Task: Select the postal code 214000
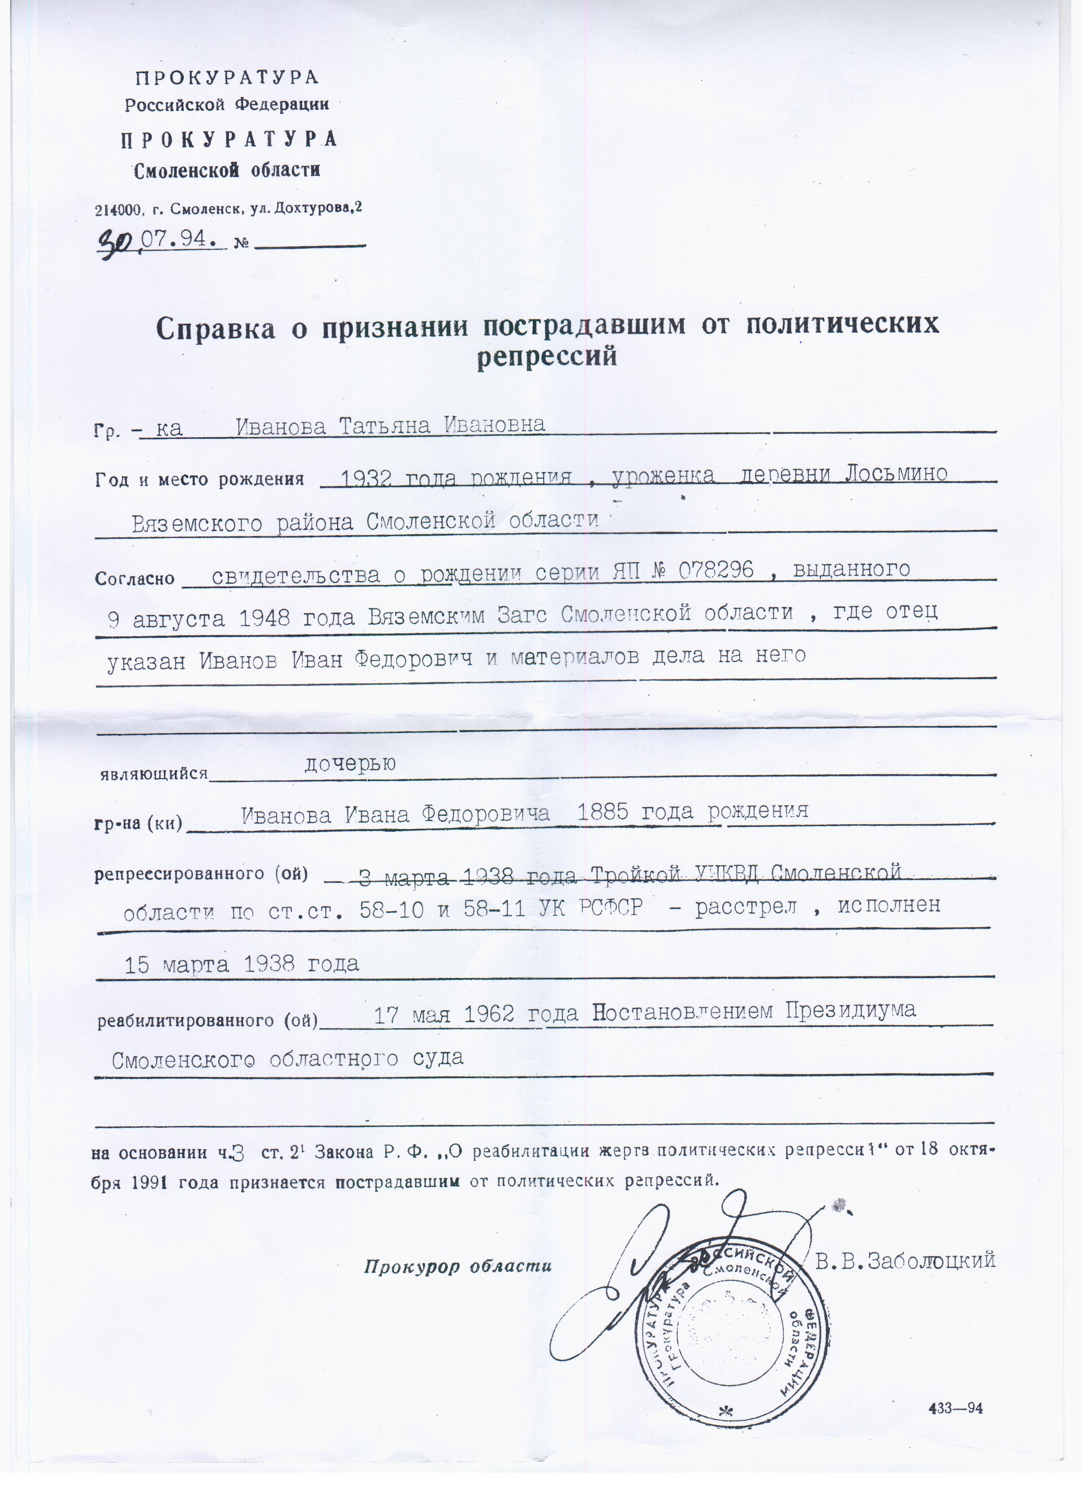[118, 211]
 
